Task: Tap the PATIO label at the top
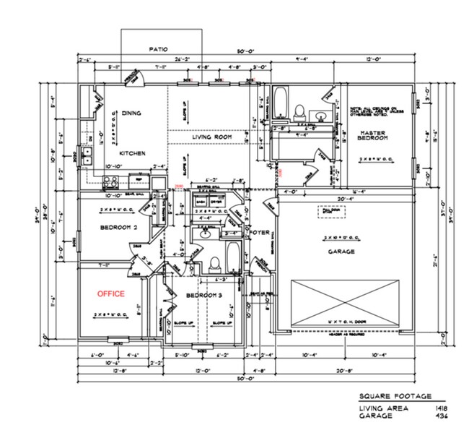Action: pyautogui.click(x=158, y=49)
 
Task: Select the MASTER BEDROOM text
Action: pyautogui.click(x=374, y=134)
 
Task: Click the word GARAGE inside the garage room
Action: pyautogui.click(x=341, y=252)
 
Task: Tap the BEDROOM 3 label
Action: pyautogui.click(x=196, y=296)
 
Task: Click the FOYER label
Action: pyautogui.click(x=259, y=233)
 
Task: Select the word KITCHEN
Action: pyautogui.click(x=133, y=153)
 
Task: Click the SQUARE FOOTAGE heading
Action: pyautogui.click(x=395, y=396)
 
